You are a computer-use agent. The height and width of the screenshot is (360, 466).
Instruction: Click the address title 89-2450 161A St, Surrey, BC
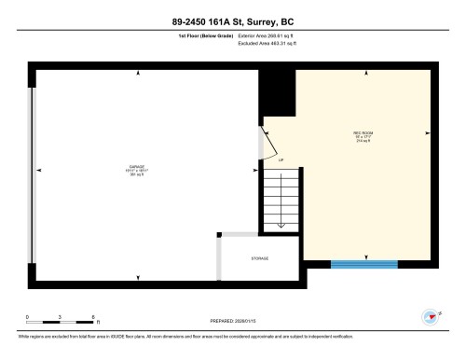point(232,21)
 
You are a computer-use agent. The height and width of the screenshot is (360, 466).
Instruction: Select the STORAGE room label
point(259,257)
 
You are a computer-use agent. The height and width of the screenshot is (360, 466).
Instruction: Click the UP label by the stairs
point(281,161)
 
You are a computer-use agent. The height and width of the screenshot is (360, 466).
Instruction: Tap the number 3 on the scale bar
point(60,318)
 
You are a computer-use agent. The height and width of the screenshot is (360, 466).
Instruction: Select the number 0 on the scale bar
point(28,318)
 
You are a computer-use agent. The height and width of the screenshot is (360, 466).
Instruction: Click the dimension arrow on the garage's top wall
point(137,72)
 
